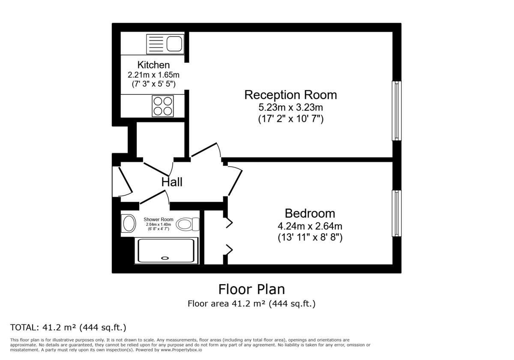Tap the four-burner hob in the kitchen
(163, 106)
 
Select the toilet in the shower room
(188, 224)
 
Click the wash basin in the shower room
(128, 223)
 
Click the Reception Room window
(397, 111)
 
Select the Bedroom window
(397, 213)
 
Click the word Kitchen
(153, 65)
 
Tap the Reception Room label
(290, 95)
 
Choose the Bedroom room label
(310, 213)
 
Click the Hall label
(172, 182)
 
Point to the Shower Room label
(158, 219)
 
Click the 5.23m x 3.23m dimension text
(290, 107)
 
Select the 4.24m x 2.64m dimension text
(310, 226)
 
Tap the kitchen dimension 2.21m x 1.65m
(153, 75)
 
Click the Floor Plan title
(251, 289)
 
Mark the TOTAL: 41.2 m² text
(68, 328)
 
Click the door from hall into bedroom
(234, 182)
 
